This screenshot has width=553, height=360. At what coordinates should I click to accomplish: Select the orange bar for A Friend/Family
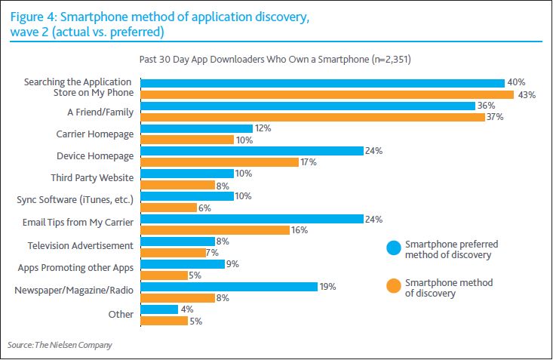312,117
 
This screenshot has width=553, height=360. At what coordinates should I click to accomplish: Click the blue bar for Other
159,309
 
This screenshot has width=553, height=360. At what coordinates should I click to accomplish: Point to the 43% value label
525,94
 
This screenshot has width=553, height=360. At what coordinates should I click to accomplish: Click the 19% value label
327,287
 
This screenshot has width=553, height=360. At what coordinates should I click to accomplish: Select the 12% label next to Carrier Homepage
263,128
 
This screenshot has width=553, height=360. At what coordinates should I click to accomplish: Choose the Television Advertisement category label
80,245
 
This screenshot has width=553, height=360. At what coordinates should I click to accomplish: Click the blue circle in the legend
392,248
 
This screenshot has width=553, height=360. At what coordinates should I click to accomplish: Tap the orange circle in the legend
392,287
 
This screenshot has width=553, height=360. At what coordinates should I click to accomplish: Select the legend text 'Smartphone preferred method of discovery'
451,249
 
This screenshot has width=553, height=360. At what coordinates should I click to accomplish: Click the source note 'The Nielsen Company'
78,345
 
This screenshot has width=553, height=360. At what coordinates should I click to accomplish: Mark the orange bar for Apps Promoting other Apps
164,275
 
